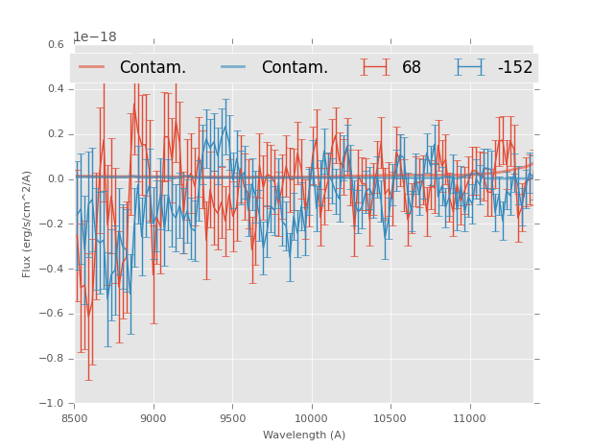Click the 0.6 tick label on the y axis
56,44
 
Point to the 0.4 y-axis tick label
56,89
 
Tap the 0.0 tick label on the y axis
56,179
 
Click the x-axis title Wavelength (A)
303,436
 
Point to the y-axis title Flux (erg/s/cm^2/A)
28,224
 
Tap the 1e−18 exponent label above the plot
95,37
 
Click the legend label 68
412,68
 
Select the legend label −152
514,68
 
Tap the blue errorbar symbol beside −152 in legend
469,67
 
